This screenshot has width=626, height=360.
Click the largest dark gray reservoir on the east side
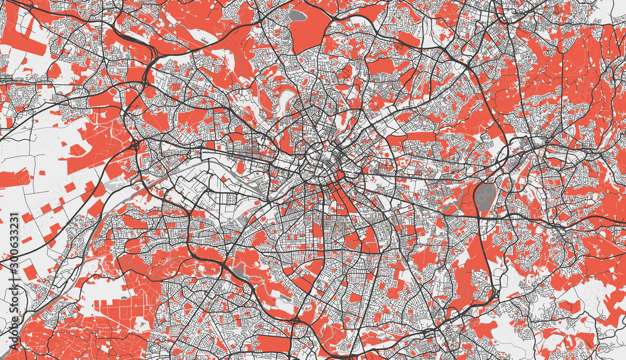(x=485, y=197)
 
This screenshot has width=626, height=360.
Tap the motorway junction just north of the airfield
(x=134, y=145)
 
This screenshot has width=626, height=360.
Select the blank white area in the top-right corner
(x=610, y=9)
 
